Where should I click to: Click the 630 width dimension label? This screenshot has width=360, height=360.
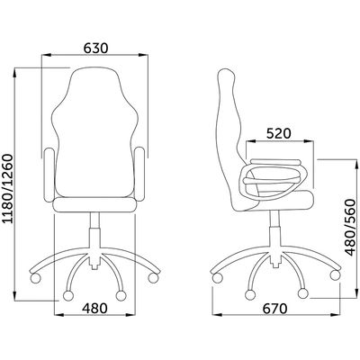95,49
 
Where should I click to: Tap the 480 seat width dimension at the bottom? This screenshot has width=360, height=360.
94,308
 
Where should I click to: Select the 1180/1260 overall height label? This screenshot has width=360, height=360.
8,189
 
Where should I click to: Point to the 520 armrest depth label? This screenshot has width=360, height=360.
279,133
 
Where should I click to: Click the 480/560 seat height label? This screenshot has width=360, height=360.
350,228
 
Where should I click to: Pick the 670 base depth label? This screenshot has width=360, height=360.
275,308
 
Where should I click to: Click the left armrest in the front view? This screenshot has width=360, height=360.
49,175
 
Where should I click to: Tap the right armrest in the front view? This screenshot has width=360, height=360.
140,175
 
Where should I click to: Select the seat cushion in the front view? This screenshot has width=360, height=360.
94,204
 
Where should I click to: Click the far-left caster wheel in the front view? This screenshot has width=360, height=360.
35,277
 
